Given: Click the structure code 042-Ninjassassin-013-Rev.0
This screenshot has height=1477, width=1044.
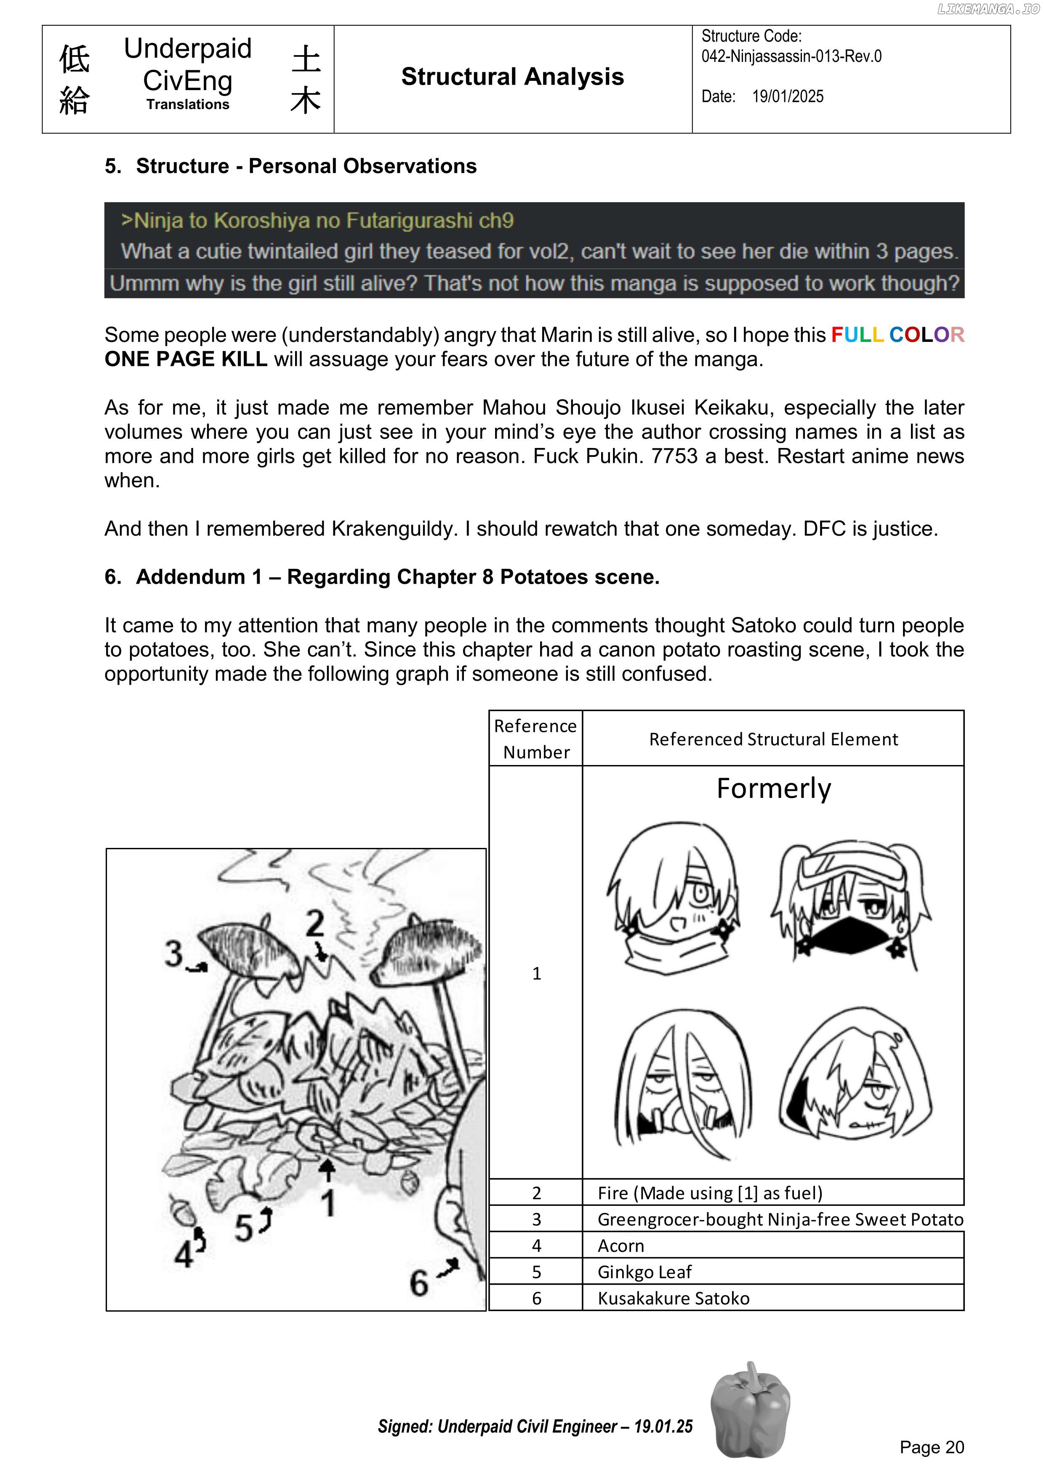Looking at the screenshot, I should coord(791,56).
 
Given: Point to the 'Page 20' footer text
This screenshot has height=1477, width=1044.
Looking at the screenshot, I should coord(932,1447).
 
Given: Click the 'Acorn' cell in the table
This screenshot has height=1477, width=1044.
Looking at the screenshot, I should coord(621,1245).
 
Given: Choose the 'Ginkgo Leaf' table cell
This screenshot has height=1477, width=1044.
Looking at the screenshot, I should coord(645,1272).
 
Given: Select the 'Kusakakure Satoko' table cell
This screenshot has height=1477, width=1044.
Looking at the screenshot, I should coord(674,1298).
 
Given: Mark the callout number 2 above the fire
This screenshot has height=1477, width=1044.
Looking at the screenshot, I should coord(314,924).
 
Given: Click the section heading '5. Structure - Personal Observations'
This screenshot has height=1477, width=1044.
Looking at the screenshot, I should coord(291,166).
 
